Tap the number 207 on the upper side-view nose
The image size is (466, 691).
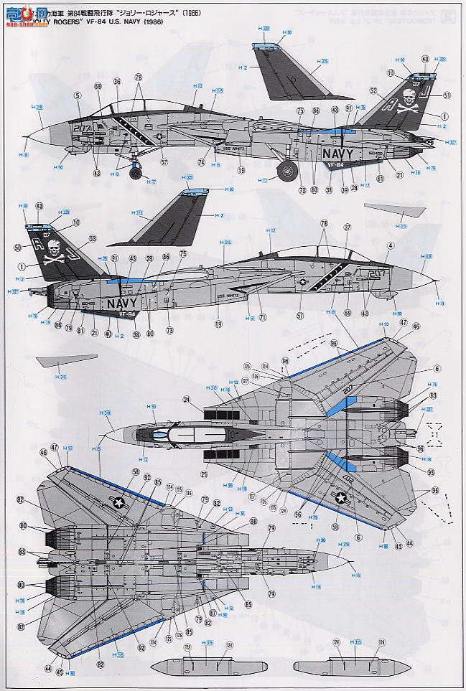(85, 129)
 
